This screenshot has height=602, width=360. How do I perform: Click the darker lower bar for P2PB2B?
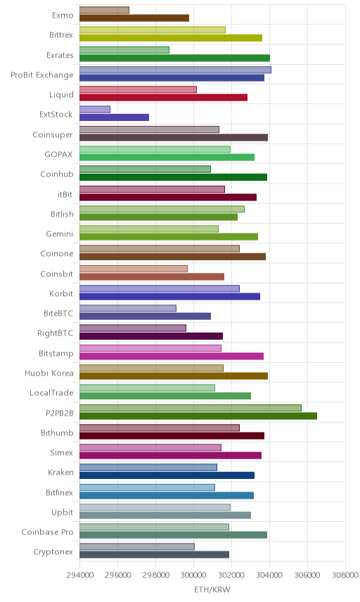[198, 416]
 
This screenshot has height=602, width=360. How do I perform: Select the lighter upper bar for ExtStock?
[95, 110]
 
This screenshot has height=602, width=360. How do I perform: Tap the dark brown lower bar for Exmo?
[134, 18]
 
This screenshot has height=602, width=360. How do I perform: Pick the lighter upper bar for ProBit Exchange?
[175, 70]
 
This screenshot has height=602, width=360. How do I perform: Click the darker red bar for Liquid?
[164, 98]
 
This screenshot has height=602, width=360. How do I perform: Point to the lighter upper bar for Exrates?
[124, 50]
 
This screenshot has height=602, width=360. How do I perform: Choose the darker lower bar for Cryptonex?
[154, 555]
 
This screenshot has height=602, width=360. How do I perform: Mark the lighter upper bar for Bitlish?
[162, 209]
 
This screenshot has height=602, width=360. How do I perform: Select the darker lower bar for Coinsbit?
[152, 277]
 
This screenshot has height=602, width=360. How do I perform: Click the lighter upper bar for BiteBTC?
[128, 308]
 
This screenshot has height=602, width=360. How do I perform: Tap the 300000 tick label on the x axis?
[193, 575]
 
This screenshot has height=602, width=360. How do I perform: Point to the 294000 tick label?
[79, 575]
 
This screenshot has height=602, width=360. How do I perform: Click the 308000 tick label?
[345, 575]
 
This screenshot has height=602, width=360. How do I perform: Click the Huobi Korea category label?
[49, 373]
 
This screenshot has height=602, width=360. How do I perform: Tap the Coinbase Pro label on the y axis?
[47, 532]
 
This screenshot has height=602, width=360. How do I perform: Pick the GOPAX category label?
[59, 155]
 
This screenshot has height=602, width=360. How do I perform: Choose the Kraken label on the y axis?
[60, 473]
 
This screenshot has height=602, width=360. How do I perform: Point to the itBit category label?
[65, 194]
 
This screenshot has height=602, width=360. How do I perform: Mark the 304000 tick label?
[269, 575]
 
